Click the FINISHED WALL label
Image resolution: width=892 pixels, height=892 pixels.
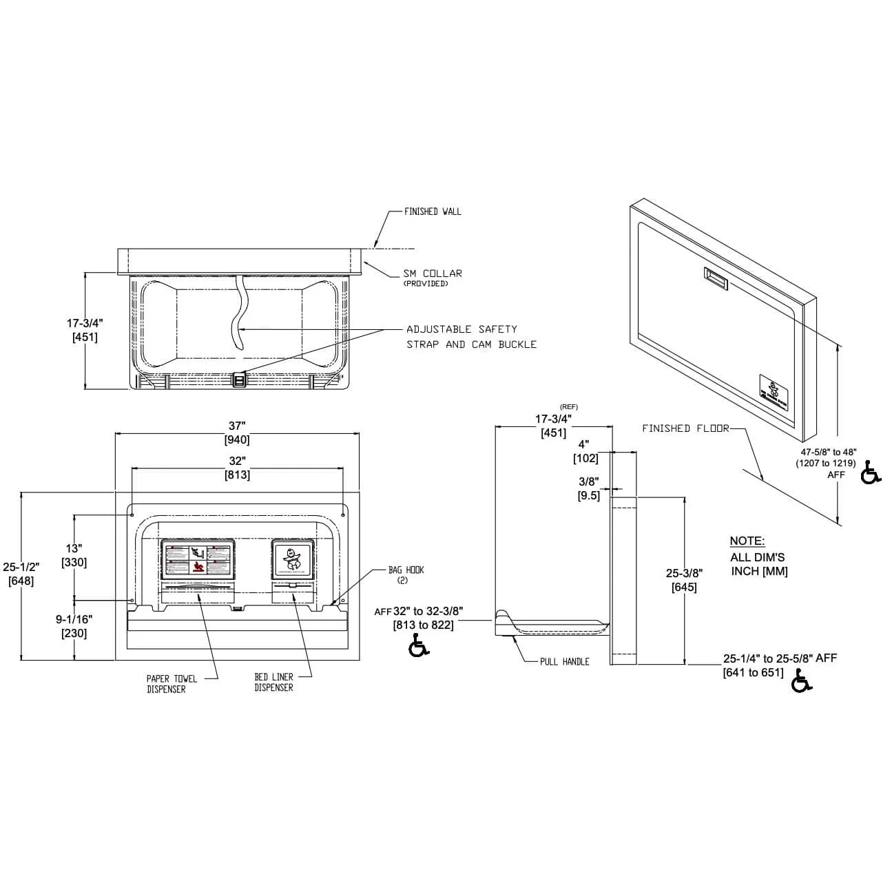click(432, 211)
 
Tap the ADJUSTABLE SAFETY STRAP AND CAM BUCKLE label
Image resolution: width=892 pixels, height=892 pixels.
click(470, 337)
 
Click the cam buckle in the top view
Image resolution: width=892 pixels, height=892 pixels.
click(239, 380)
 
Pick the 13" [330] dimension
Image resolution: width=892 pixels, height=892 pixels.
click(74, 555)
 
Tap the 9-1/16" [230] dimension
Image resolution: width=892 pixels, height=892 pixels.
click(74, 626)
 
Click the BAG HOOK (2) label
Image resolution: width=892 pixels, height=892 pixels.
click(406, 574)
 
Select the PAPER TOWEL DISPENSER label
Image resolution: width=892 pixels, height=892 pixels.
click(172, 684)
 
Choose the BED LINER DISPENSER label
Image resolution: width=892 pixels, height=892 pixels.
click(273, 683)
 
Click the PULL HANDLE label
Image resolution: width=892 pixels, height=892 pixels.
click(564, 662)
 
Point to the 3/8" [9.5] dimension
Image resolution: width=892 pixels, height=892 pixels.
click(588, 488)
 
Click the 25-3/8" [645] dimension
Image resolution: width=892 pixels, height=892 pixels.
click(683, 579)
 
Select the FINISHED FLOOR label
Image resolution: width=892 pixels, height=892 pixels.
click(685, 428)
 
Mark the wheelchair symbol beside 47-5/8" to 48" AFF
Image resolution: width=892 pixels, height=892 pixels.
click(871, 473)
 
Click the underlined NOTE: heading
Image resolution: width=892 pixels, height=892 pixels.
click(747, 541)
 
